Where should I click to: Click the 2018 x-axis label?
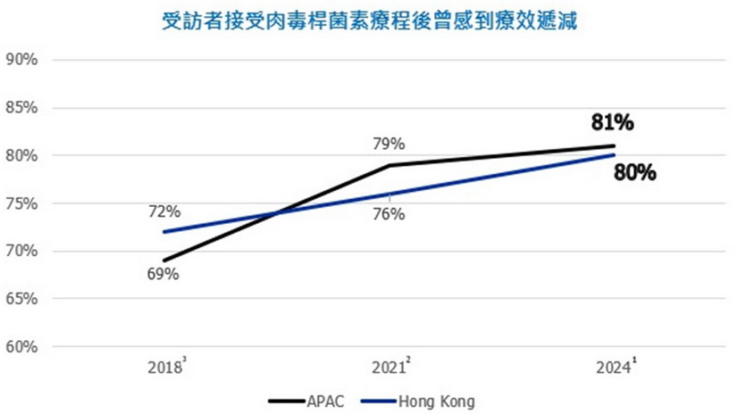(166, 366)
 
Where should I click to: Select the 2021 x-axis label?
(389, 366)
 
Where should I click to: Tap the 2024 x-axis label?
(613, 366)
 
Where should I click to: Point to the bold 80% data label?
(635, 172)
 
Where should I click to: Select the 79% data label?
(389, 144)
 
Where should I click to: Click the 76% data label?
(389, 214)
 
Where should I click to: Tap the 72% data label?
(164, 211)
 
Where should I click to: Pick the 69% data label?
(164, 274)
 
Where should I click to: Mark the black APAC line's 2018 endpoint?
(165, 261)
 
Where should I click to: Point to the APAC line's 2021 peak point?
(389, 165)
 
